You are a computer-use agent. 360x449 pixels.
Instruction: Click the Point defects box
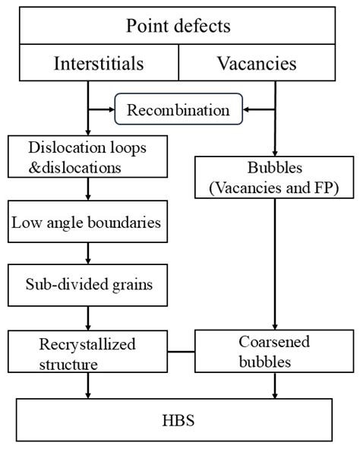pyautogui.click(x=178, y=26)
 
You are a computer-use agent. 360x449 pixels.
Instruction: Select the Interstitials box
pyautogui.click(x=99, y=63)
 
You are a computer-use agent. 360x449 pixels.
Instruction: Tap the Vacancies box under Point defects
pyautogui.click(x=257, y=63)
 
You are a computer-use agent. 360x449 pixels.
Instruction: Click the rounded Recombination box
pyautogui.click(x=178, y=109)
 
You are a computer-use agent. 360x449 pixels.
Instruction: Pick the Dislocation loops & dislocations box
pyautogui.click(x=88, y=157)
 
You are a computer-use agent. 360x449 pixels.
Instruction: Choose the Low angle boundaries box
pyautogui.click(x=88, y=222)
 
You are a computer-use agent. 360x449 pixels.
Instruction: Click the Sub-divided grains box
pyautogui.click(x=88, y=285)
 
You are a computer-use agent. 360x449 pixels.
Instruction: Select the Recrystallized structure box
pyautogui.click(x=88, y=352)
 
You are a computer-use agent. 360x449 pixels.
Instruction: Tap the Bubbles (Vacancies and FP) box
pyautogui.click(x=274, y=177)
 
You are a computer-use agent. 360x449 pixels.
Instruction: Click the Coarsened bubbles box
pyautogui.click(x=274, y=351)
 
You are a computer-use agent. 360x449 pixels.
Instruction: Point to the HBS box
pyautogui.click(x=174, y=420)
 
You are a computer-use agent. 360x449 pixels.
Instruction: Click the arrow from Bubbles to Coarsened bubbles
pyautogui.click(x=275, y=264)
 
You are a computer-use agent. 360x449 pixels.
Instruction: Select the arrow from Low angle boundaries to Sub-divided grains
pyautogui.click(x=88, y=254)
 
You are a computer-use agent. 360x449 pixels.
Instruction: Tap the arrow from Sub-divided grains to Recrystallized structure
pyautogui.click(x=88, y=318)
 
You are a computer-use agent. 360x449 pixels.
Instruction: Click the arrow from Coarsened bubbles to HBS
pyautogui.click(x=275, y=385)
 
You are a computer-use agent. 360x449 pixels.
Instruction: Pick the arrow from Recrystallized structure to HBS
pyautogui.click(x=88, y=385)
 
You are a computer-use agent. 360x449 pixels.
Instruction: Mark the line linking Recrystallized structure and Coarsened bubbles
pyautogui.click(x=182, y=352)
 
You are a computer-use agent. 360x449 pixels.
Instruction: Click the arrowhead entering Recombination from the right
pyautogui.click(x=245, y=109)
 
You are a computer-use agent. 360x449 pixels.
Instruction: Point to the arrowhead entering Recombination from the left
pyautogui.click(x=112, y=109)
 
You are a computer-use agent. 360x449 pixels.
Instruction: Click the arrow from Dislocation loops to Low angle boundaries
pyautogui.click(x=88, y=189)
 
